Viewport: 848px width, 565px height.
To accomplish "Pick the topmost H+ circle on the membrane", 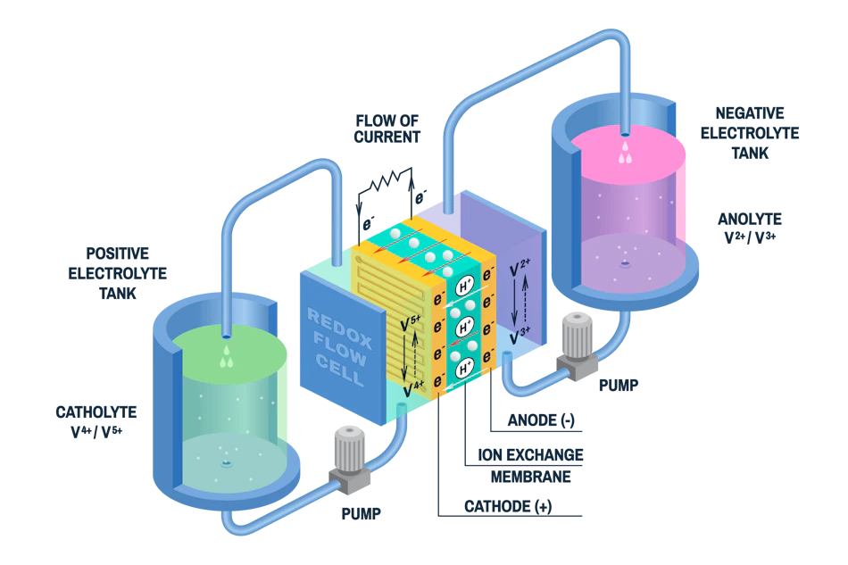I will [x=464, y=287].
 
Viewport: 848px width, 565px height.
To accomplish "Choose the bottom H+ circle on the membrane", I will [x=464, y=368].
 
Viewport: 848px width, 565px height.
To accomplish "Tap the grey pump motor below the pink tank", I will [x=571, y=335].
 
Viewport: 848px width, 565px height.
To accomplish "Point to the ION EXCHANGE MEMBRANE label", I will [x=530, y=464].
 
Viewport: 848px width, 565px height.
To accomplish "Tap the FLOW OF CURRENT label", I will [x=385, y=127].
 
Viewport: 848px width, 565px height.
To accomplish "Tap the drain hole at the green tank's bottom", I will [x=225, y=464].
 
